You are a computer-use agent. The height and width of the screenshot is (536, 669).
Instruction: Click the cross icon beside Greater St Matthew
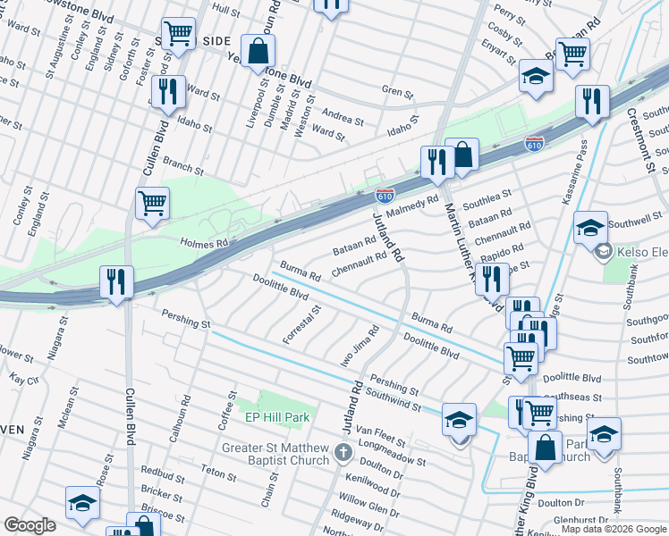pyautogui.click(x=342, y=452)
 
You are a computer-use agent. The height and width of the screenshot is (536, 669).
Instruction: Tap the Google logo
pyautogui.click(x=30, y=525)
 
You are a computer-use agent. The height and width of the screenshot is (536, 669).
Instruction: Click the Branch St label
pyautogui.click(x=183, y=166)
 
